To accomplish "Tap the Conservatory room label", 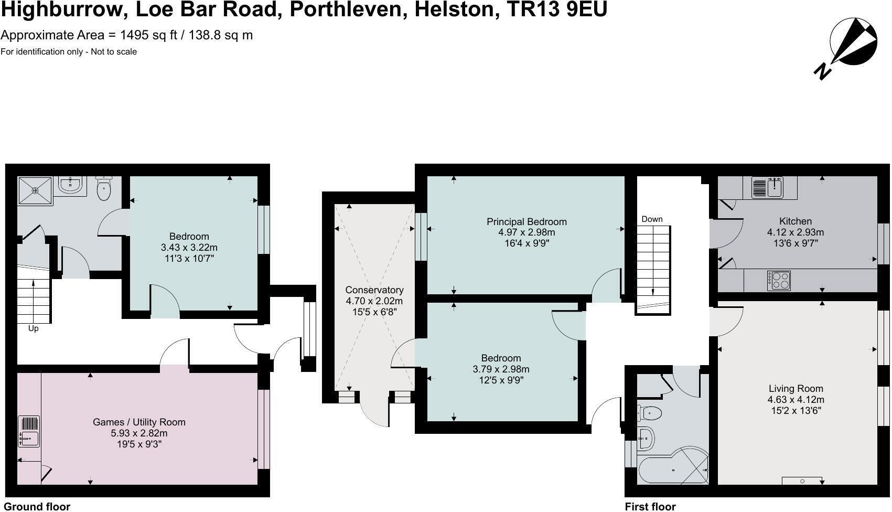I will tap(374, 290).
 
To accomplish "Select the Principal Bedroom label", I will tap(526, 221).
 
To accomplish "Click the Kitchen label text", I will tap(795, 221).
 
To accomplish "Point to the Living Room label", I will tap(796, 389).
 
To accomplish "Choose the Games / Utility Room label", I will tap(139, 422).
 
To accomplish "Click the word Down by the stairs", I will tap(652, 219).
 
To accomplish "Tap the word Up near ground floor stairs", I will tap(33, 329).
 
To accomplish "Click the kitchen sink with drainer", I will tap(767, 188).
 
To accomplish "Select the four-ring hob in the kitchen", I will tap(778, 281).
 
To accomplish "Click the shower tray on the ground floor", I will tap(35, 190).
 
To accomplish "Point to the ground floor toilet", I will tap(104, 189).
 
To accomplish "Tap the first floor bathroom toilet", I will tap(649, 413).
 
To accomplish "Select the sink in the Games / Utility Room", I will tap(29, 432).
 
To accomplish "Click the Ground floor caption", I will tap(37, 506).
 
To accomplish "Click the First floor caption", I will tap(650, 506).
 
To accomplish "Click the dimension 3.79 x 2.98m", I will tap(501, 369).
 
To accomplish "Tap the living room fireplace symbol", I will tap(802, 481).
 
